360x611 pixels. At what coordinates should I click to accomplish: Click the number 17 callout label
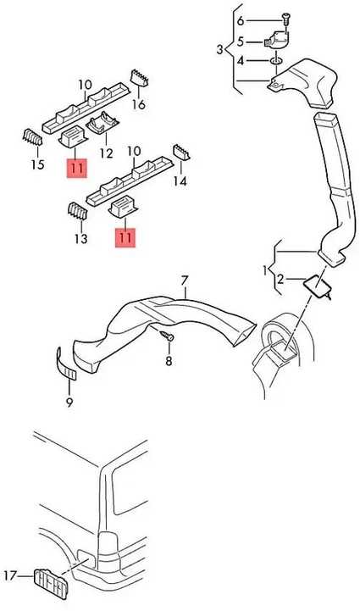click(10, 575)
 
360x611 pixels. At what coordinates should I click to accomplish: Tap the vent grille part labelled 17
click(51, 583)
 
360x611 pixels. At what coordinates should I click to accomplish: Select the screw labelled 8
click(167, 336)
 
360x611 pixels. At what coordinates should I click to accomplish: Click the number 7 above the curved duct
click(185, 281)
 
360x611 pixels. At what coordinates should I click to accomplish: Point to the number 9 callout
click(69, 402)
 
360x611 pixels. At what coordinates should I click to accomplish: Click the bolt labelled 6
click(286, 19)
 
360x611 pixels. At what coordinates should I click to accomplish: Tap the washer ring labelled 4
click(276, 61)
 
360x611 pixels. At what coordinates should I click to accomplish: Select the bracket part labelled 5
click(277, 40)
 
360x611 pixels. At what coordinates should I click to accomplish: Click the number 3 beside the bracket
click(220, 50)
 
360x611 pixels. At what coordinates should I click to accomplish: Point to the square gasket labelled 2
click(317, 286)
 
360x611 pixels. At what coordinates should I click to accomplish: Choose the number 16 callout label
click(139, 104)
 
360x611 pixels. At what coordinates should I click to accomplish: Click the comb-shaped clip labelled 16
click(139, 78)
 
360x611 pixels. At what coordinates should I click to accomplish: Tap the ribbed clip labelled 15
click(33, 137)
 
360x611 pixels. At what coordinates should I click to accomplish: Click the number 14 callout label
click(180, 181)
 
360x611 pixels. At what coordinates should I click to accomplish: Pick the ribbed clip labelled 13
click(78, 212)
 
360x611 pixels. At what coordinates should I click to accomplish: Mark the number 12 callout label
click(107, 153)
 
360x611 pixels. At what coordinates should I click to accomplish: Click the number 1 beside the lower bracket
click(265, 270)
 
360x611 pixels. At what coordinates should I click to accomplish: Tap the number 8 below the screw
click(169, 361)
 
